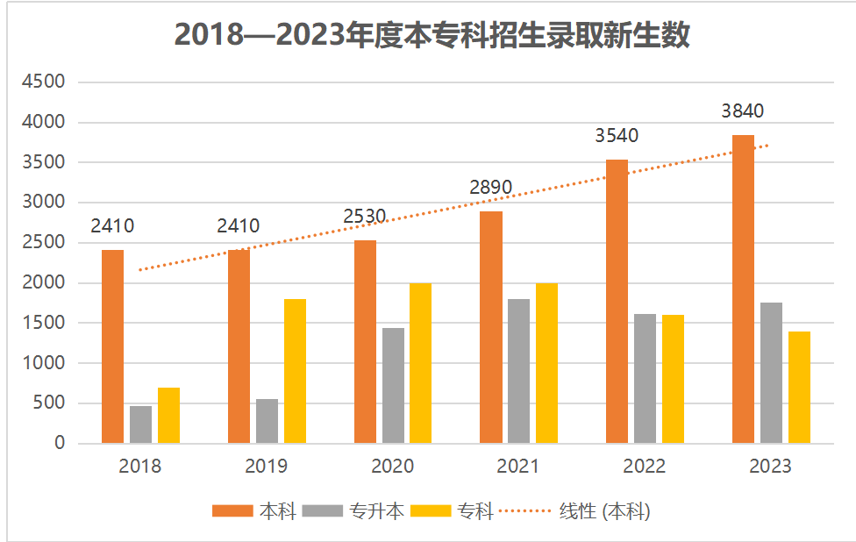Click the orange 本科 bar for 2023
(743, 289)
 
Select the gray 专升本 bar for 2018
(140, 424)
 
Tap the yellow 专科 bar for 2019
(295, 371)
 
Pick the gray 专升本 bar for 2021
(518, 371)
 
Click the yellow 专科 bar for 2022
(673, 379)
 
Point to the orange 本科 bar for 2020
(365, 342)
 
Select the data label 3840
(743, 111)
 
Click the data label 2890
(490, 188)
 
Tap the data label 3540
(617, 136)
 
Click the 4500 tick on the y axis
(43, 82)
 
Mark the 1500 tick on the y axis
(43, 323)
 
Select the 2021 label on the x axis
(518, 467)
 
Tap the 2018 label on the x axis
(140, 467)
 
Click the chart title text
(432, 34)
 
